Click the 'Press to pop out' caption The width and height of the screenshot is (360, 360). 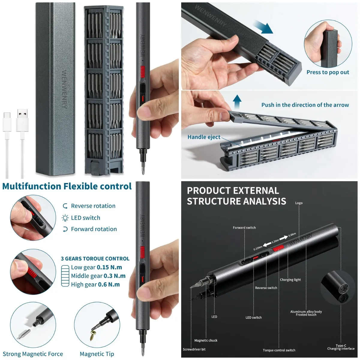point(328,72)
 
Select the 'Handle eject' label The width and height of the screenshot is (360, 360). point(204,137)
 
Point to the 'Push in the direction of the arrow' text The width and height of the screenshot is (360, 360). point(305,105)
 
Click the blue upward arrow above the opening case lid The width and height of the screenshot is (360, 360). point(237,102)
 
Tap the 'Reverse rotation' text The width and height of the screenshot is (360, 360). point(93,206)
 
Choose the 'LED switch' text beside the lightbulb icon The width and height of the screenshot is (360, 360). point(85,218)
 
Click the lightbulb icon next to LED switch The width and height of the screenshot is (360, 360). point(65,218)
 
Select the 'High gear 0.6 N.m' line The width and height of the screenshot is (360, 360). point(95,284)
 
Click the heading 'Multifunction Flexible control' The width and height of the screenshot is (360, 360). point(67,186)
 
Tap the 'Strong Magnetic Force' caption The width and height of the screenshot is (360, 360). point(33,354)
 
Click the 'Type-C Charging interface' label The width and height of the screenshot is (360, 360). point(341,347)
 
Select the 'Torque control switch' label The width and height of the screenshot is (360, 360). point(279,350)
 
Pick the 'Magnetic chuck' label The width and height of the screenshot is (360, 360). point(206,340)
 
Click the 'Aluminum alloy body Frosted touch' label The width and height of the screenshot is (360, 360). point(306,313)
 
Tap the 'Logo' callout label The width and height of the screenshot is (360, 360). point(299,203)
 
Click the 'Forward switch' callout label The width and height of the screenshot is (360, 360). point(244,228)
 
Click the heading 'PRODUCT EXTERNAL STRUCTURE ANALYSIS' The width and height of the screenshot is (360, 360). point(236,196)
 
